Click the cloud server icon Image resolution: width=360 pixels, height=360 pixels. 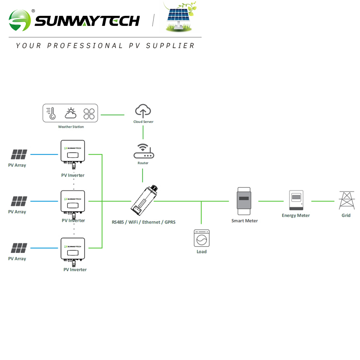coord(143,111)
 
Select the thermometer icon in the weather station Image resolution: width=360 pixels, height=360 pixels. coord(51,114)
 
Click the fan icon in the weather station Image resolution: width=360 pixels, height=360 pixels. coord(89,114)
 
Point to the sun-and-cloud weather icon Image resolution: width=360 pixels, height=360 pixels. coord(71,114)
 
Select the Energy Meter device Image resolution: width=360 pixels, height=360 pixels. coord(296,200)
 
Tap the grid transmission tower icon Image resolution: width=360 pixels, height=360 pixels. coord(346,200)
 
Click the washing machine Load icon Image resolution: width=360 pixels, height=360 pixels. coord(202,238)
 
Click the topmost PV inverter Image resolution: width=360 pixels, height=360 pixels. coord(72,152)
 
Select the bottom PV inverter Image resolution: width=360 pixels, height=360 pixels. coord(72,250)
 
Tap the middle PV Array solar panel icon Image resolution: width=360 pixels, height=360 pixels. coord(19,201)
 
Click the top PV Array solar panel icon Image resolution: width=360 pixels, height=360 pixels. coord(19,155)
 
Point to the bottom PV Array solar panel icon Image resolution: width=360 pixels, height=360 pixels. coord(19,248)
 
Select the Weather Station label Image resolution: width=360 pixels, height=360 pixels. coord(71,127)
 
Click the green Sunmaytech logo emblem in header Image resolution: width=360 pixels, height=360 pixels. coord(19,20)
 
